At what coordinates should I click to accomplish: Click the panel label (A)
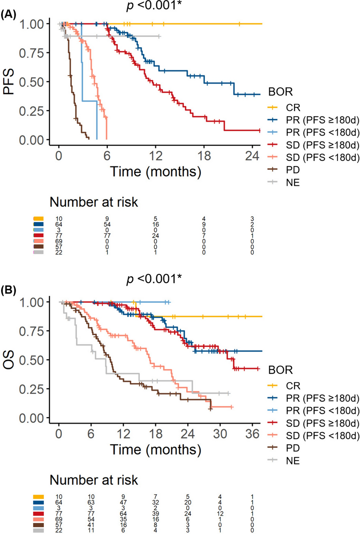pyautogui.click(x=8, y=14)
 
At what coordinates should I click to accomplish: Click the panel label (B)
pyautogui.click(x=8, y=290)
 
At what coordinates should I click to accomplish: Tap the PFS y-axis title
pyautogui.click(x=9, y=82)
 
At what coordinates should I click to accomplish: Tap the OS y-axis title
pyautogui.click(x=9, y=360)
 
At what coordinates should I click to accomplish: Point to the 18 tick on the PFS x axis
pyautogui.click(x=204, y=155)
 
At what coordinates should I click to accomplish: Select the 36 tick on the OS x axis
pyautogui.click(x=252, y=433)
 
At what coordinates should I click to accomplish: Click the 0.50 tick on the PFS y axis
pyautogui.click(x=32, y=82)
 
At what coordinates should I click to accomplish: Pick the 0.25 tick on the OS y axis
pyautogui.click(x=32, y=389)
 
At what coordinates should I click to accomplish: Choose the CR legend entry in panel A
pyautogui.click(x=293, y=108)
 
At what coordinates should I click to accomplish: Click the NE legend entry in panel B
pyautogui.click(x=293, y=461)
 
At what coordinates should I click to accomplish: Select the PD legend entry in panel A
pyautogui.click(x=293, y=170)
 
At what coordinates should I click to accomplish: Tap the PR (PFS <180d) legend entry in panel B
pyautogui.click(x=322, y=411)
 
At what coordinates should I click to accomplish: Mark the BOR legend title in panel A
pyautogui.click(x=280, y=92)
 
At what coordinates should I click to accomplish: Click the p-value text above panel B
pyautogui.click(x=154, y=279)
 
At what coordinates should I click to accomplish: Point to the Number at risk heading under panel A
pyautogui.click(x=94, y=202)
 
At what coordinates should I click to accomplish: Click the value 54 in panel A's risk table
pyautogui.click(x=107, y=224)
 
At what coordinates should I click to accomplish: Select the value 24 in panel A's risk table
pyautogui.click(x=155, y=236)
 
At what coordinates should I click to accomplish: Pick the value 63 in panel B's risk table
pyautogui.click(x=91, y=502)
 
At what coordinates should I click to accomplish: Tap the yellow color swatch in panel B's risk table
pyautogui.click(x=38, y=497)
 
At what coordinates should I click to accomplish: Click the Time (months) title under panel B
pyautogui.click(x=155, y=450)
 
